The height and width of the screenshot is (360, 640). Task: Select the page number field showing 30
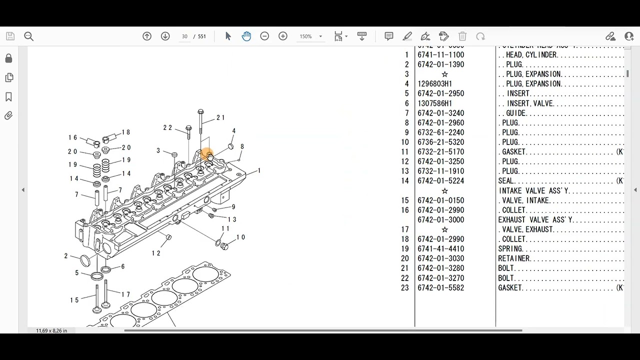click(184, 36)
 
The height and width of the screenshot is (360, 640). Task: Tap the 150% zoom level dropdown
click(310, 36)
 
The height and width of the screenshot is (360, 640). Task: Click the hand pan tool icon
click(246, 36)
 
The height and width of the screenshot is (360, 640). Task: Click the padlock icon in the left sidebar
click(8, 58)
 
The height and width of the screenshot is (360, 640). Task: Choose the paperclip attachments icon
click(8, 115)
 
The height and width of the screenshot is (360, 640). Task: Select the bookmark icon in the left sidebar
click(8, 96)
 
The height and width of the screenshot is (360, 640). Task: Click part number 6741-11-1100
click(440, 55)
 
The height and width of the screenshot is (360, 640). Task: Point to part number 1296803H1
click(434, 84)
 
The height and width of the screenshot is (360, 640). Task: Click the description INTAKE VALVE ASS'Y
click(533, 191)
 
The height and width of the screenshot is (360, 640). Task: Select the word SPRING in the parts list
click(510, 249)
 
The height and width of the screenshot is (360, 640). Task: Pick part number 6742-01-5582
click(440, 288)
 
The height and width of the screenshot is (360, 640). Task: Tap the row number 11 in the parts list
click(404, 152)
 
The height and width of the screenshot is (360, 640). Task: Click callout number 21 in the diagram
click(220, 118)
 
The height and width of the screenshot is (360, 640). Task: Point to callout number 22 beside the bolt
click(167, 128)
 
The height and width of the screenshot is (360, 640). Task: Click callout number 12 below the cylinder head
click(156, 253)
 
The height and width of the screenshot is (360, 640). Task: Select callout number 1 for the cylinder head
click(259, 171)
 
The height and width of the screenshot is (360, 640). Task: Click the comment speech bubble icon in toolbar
click(388, 36)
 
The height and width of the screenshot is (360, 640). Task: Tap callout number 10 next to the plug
click(240, 237)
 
